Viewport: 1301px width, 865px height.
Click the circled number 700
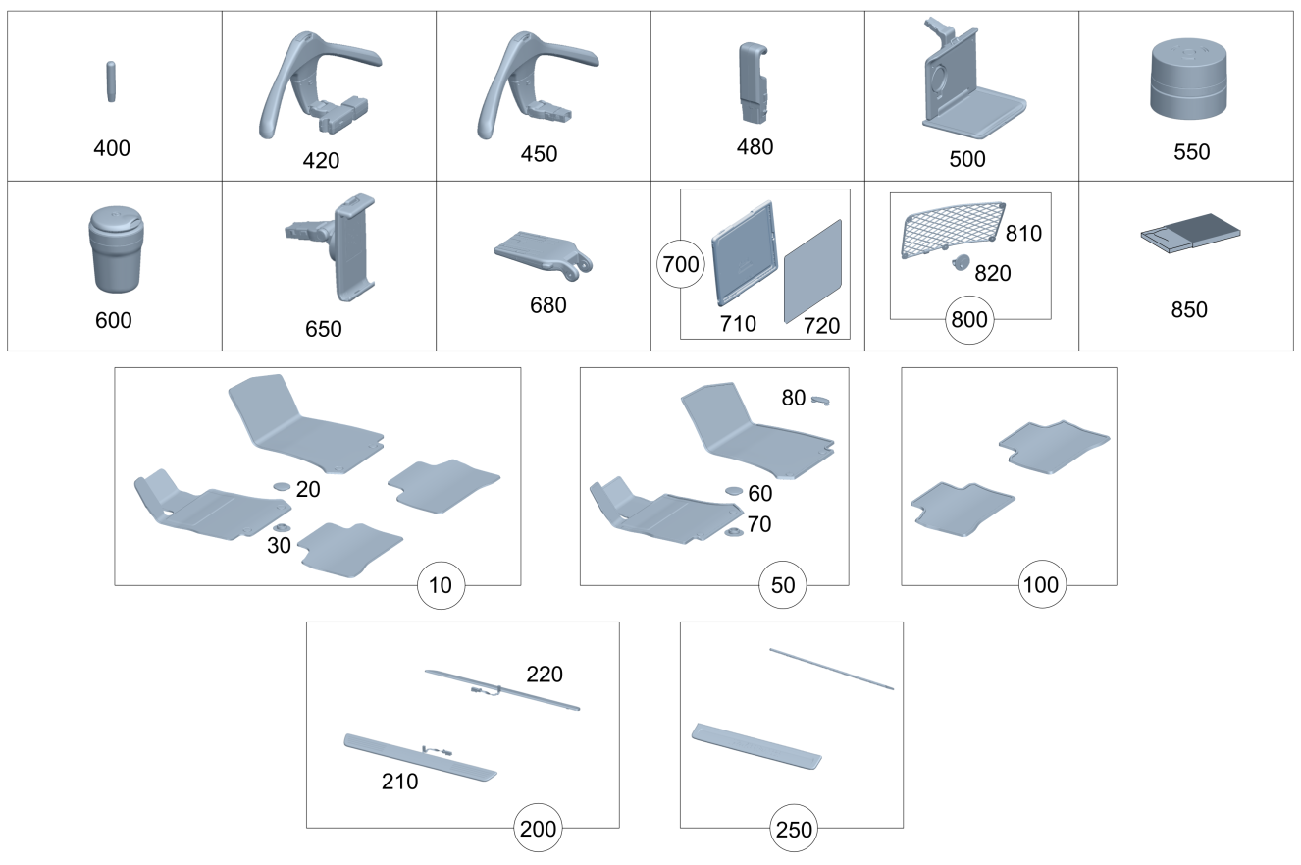(679, 265)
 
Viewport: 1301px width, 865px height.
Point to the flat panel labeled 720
(813, 270)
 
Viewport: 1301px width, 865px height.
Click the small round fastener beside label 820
(959, 262)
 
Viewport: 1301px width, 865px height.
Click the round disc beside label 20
(280, 485)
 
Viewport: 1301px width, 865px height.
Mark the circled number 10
(441, 585)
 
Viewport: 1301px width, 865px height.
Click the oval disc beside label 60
(734, 490)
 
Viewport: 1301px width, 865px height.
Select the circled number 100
(1041, 585)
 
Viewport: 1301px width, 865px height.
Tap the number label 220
(545, 674)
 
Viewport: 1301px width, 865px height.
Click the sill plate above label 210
(420, 757)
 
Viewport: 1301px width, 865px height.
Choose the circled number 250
(793, 829)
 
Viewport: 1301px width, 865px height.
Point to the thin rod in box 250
(831, 668)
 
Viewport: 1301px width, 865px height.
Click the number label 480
(755, 147)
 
